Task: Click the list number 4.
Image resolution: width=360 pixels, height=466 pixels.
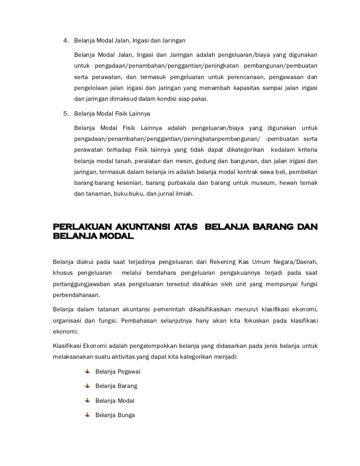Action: coord(65,40)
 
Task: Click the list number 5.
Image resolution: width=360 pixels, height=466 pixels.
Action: coord(65,114)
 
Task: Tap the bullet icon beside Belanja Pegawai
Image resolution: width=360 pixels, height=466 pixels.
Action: coord(88,371)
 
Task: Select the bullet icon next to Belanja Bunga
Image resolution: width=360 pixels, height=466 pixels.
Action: coord(88,415)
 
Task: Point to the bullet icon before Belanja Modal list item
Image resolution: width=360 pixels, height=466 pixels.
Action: coord(88,400)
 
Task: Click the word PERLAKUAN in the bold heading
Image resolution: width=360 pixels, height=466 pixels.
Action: coord(79,227)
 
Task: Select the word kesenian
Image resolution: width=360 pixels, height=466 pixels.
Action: coord(119,183)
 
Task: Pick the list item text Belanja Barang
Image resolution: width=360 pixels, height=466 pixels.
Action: coord(116,385)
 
